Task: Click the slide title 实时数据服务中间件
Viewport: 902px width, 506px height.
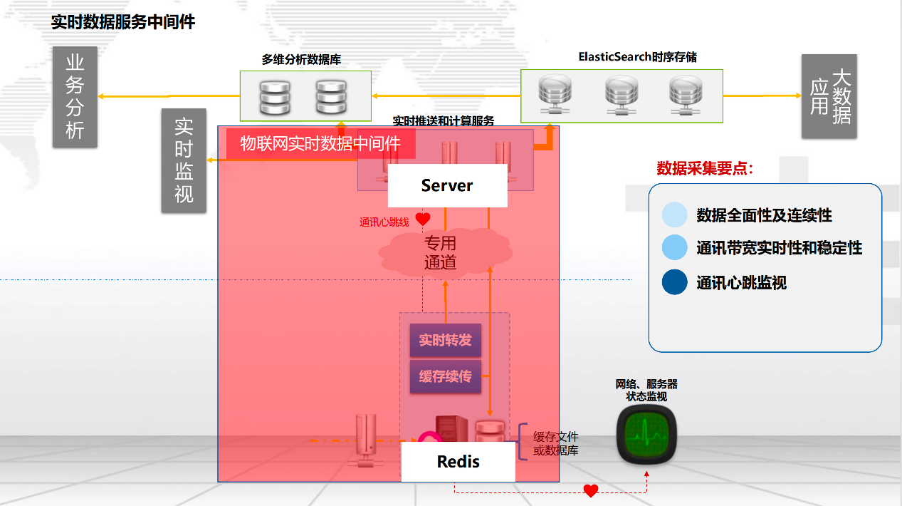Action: pos(123,22)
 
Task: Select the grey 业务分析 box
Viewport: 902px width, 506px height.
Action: pos(75,97)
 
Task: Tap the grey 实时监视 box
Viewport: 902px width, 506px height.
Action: pos(184,160)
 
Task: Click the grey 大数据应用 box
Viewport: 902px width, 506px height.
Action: pos(829,96)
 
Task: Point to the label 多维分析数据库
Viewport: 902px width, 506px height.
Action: pos(306,60)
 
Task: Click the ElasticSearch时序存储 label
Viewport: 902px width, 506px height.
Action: pos(638,57)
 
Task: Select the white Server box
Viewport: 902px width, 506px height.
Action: pos(447,185)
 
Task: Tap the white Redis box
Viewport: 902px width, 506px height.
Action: pos(458,461)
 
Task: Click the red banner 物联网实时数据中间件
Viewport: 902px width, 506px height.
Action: pos(320,143)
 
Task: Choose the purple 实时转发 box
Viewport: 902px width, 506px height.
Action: pos(445,341)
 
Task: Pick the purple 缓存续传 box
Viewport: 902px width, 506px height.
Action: pos(445,376)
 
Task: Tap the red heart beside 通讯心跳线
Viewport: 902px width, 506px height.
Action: pos(423,219)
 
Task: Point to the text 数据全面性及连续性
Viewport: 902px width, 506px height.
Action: pos(764,215)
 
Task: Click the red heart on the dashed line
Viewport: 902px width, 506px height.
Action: pos(590,490)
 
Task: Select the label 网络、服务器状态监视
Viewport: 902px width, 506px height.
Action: pos(646,391)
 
